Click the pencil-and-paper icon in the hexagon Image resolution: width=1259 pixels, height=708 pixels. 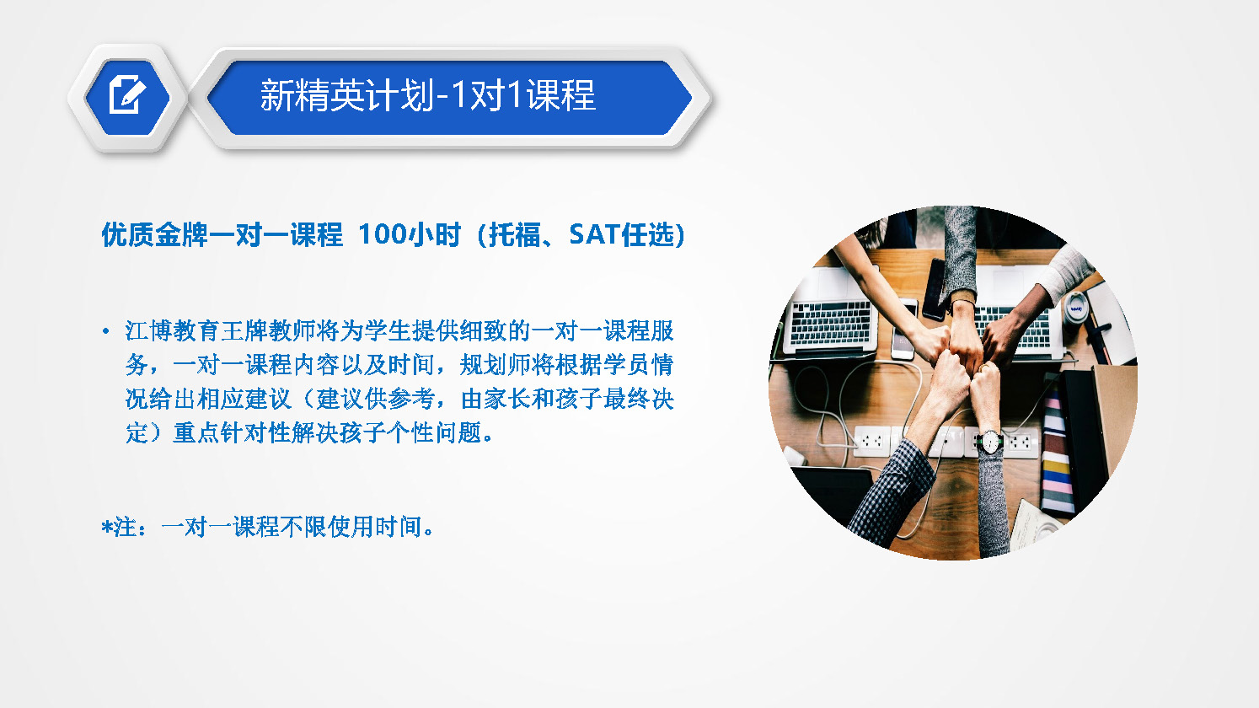(127, 94)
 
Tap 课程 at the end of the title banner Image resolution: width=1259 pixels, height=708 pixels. (561, 95)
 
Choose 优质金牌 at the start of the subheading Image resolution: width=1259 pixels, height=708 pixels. (154, 234)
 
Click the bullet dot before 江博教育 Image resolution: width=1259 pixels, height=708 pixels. (105, 331)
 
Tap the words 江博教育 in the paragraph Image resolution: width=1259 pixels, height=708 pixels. (172, 330)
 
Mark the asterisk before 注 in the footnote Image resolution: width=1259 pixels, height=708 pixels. (107, 528)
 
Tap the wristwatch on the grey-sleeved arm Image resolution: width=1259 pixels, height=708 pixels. (990, 442)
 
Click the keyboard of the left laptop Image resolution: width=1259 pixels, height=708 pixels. (831, 322)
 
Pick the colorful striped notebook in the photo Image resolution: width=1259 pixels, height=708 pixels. (1057, 450)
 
